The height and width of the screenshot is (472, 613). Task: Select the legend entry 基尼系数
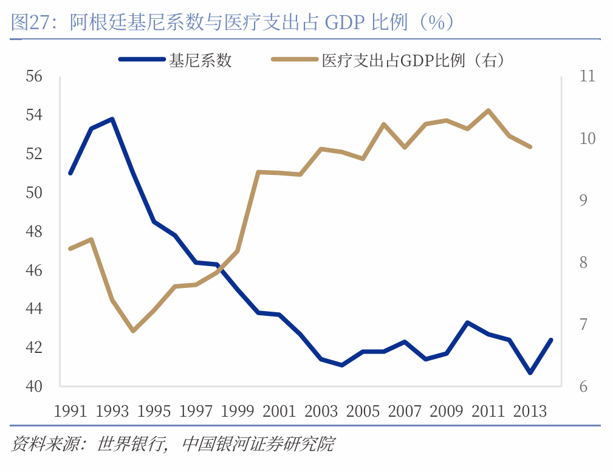click(x=200, y=60)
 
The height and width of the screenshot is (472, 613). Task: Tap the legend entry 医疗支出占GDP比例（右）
click(x=413, y=60)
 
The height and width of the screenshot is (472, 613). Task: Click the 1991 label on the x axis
click(x=70, y=411)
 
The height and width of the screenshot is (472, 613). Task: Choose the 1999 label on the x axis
click(x=238, y=411)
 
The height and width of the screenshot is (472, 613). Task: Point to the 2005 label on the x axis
click(x=363, y=411)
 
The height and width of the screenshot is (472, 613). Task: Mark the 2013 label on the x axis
click(x=530, y=411)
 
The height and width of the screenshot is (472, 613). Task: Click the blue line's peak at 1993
click(x=112, y=118)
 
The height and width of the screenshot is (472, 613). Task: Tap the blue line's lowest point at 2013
click(x=530, y=372)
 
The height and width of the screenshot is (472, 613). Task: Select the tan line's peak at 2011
click(x=488, y=111)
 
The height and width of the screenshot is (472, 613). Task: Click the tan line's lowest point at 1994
click(x=133, y=331)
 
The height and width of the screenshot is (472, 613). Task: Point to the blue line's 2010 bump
click(x=467, y=323)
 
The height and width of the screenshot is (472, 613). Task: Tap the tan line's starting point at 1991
click(x=70, y=248)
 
